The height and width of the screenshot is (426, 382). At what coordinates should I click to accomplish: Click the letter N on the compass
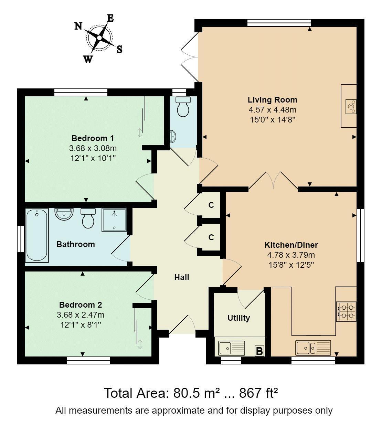pyautogui.click(x=78, y=26)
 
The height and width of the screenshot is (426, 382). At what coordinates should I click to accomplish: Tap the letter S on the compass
pyautogui.click(x=119, y=50)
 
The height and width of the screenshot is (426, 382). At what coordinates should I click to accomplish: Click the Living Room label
pyautogui.click(x=273, y=100)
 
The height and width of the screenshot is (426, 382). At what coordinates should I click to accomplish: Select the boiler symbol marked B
pyautogui.click(x=259, y=351)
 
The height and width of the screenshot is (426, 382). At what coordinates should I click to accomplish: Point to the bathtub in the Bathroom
pyautogui.click(x=37, y=235)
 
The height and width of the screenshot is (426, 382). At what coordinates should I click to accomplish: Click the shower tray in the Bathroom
pyautogui.click(x=114, y=220)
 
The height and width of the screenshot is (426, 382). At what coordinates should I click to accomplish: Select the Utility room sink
pyautogui.click(x=232, y=348)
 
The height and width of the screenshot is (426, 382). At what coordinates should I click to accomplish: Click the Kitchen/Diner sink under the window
pyautogui.click(x=313, y=348)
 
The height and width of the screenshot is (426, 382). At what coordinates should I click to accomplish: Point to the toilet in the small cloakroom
pyautogui.click(x=183, y=107)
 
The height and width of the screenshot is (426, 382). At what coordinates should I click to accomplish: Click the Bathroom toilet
pyautogui.click(x=88, y=218)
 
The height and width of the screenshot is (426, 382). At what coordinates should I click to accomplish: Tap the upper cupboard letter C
pyautogui.click(x=211, y=205)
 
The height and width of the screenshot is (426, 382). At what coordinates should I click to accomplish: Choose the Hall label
pyautogui.click(x=182, y=277)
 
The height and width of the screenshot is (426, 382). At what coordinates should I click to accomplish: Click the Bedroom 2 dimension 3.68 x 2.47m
pyautogui.click(x=81, y=315)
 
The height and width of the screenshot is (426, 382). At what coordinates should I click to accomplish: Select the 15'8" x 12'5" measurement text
pyautogui.click(x=291, y=265)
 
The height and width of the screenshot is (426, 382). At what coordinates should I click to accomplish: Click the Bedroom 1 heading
pyautogui.click(x=93, y=138)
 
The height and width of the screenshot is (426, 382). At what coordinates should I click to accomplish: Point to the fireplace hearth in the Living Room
pyautogui.click(x=349, y=106)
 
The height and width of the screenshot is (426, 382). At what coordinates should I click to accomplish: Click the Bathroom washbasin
pyautogui.click(x=64, y=214)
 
